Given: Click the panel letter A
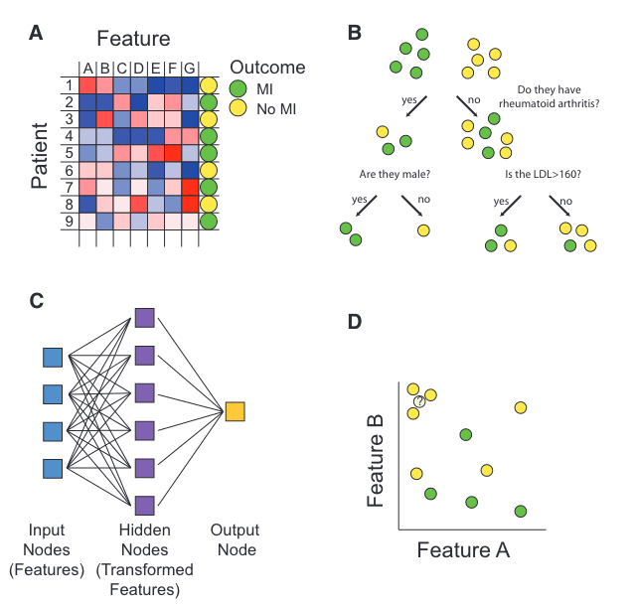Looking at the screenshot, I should click(36, 32).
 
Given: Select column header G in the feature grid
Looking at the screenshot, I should click(190, 69).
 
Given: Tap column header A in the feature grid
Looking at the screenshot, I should click(87, 69).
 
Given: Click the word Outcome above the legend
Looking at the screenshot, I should click(267, 68).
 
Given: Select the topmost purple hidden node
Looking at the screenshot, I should click(144, 319).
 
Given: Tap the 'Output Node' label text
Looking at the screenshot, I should click(237, 541).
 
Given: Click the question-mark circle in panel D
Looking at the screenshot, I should click(420, 401).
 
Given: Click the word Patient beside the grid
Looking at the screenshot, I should click(41, 155).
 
